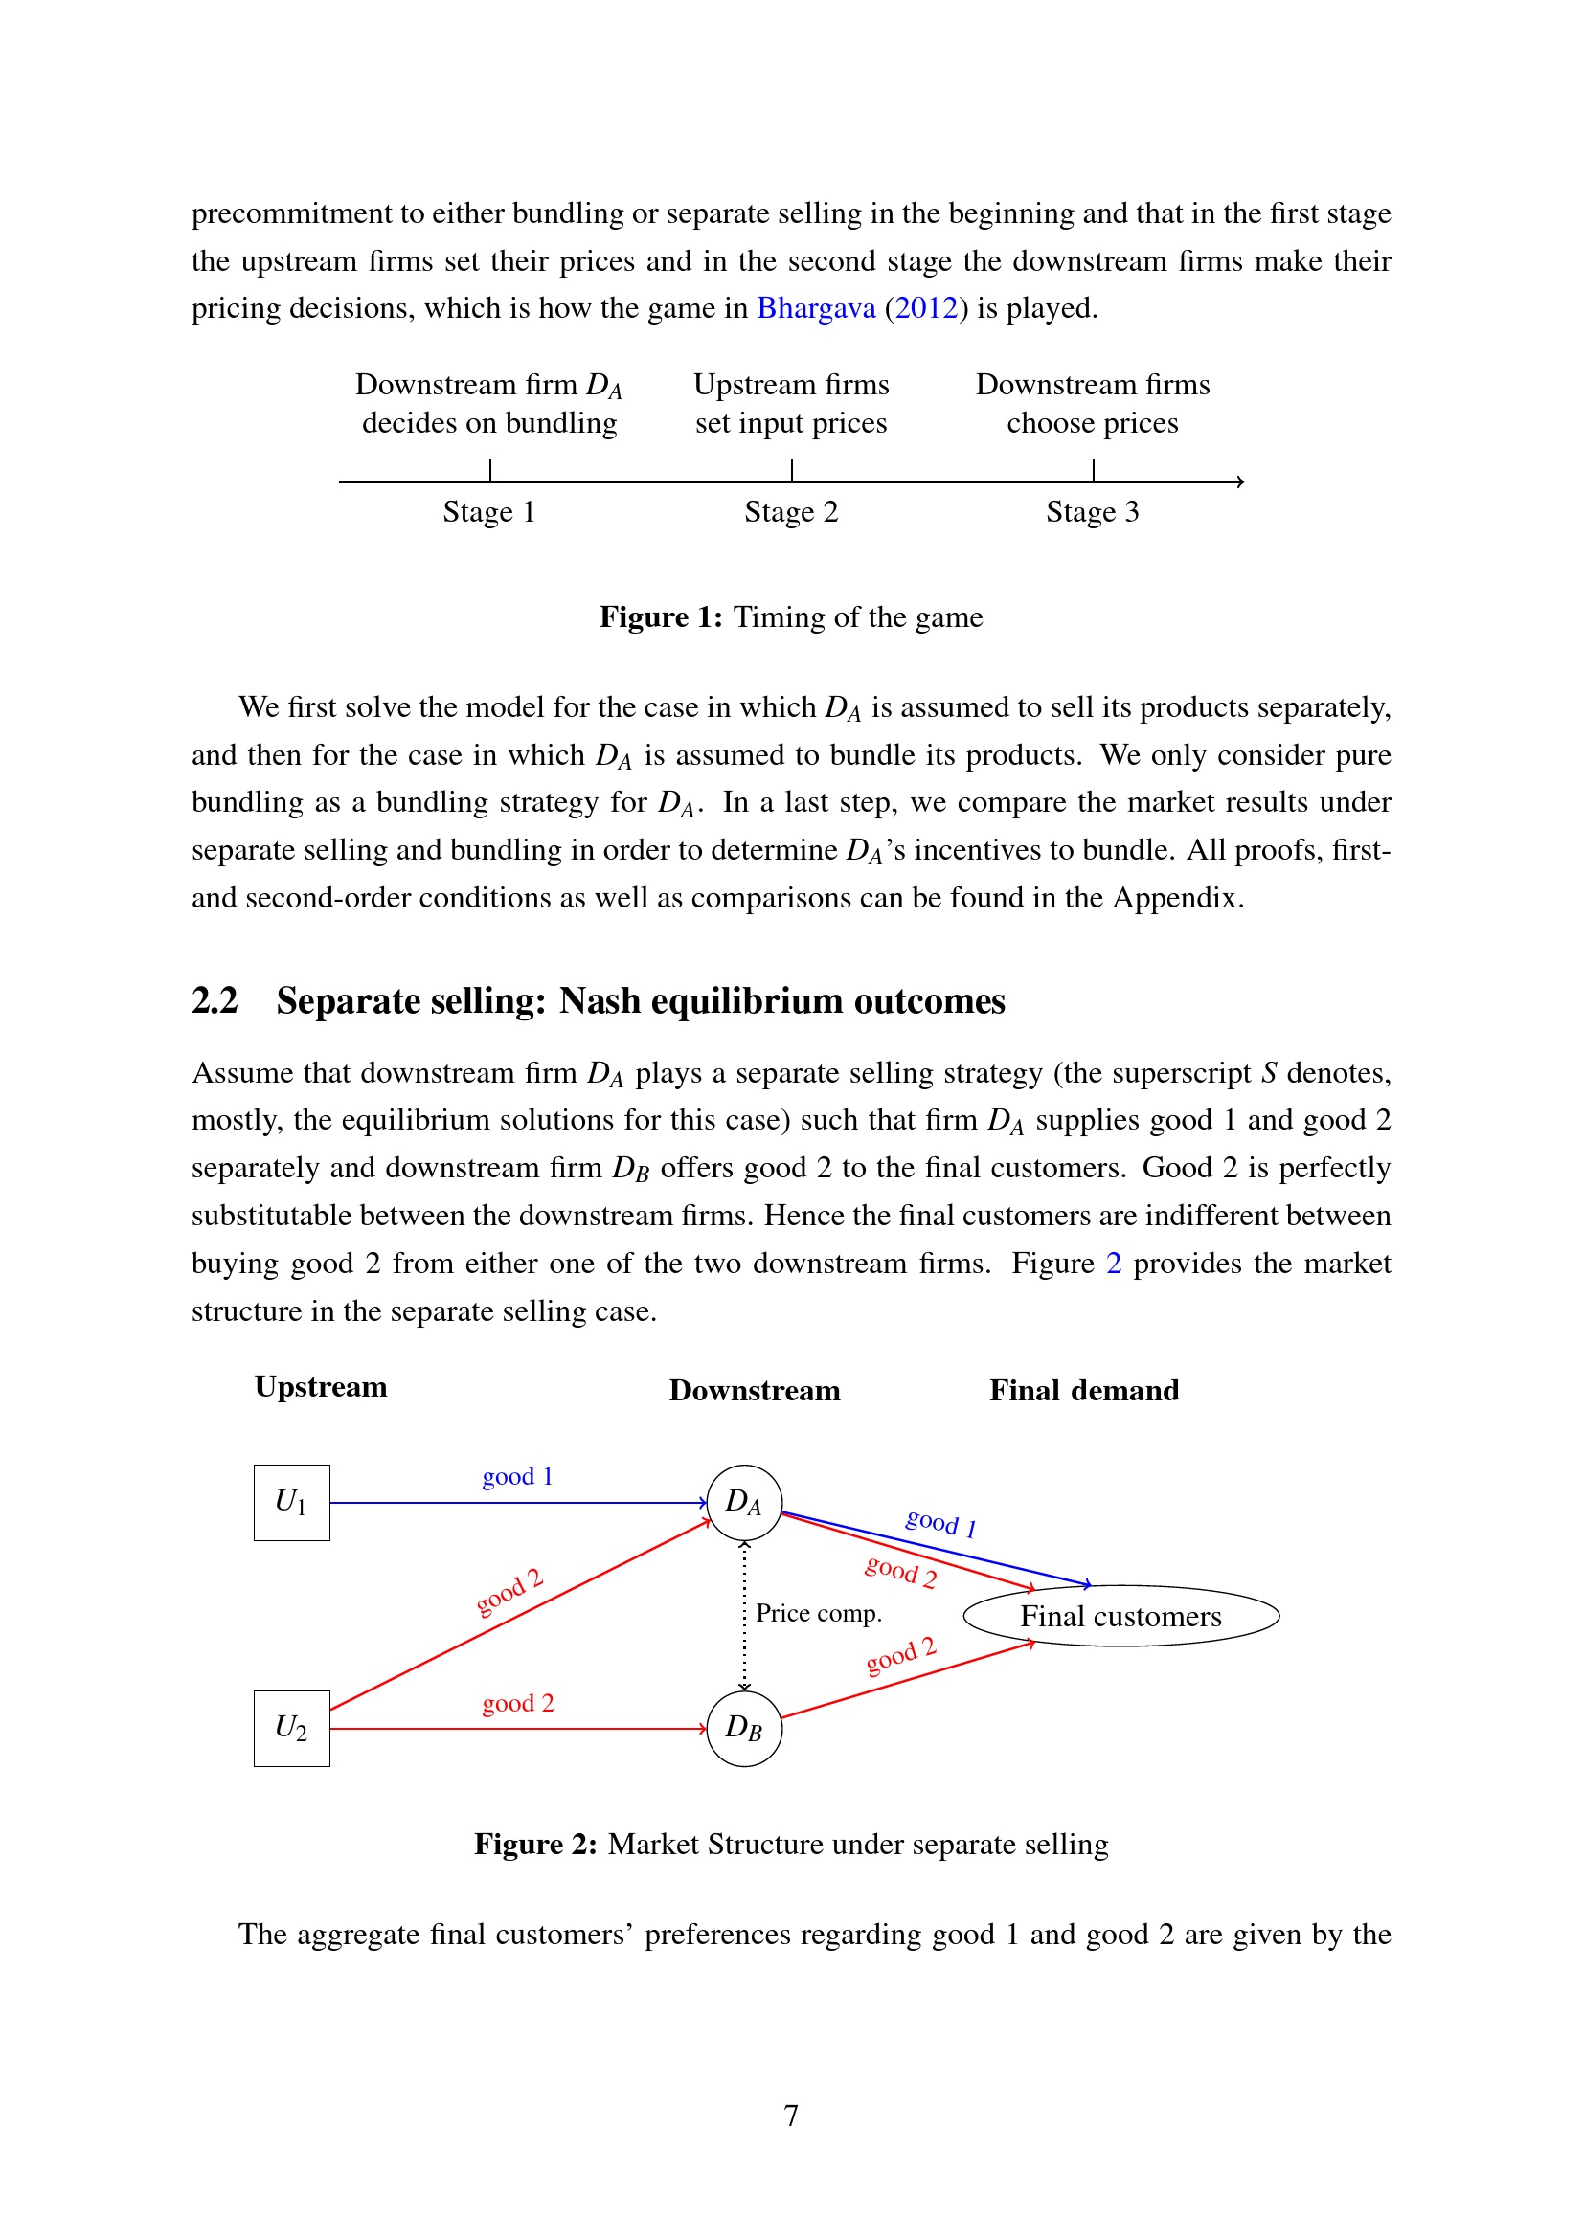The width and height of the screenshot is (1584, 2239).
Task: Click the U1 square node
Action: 292,1503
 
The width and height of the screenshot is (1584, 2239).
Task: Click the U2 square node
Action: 292,1728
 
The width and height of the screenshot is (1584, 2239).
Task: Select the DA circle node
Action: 744,1503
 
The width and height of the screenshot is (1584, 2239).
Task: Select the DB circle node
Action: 744,1728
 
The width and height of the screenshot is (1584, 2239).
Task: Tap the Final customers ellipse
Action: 1120,1617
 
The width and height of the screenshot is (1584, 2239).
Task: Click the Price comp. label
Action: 818,1614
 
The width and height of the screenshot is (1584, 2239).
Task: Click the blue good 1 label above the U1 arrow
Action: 518,1476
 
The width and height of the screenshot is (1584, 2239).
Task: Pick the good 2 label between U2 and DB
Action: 518,1704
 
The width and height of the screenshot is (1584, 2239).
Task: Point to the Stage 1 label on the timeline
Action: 488,512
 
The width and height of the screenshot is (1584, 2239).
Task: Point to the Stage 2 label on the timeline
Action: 791,512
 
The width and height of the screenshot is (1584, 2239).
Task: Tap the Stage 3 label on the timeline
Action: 1093,512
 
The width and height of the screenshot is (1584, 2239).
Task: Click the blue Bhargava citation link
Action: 816,308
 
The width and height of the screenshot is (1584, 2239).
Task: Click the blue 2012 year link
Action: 926,308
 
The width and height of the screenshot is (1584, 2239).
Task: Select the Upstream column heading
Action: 321,1387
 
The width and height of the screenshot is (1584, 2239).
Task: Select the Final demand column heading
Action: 1084,1391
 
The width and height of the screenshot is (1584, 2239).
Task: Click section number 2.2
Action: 215,1001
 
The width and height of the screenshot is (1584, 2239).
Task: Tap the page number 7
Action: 791,2116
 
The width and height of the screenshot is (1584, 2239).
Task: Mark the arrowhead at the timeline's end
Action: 1239,481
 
